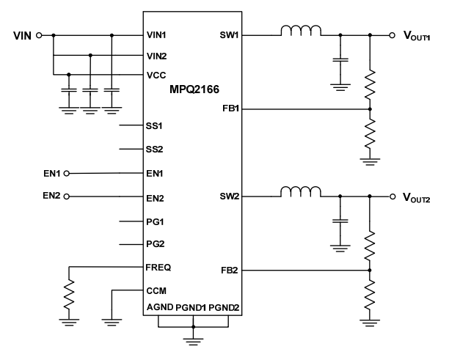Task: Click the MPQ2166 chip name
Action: click(x=192, y=89)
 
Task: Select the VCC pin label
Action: click(x=156, y=74)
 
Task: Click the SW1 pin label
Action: click(x=229, y=34)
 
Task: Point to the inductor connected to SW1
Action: click(x=299, y=31)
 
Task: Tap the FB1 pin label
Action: click(x=229, y=109)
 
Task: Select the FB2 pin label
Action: click(x=229, y=271)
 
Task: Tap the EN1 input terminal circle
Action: click(x=67, y=174)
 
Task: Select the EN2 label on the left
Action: click(x=53, y=196)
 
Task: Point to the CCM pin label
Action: click(x=156, y=291)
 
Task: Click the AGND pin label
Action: click(x=160, y=307)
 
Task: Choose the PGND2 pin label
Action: click(x=224, y=307)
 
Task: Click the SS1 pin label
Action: click(x=154, y=125)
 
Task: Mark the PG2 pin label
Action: click(x=154, y=244)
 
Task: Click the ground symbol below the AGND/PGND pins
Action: click(x=193, y=338)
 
